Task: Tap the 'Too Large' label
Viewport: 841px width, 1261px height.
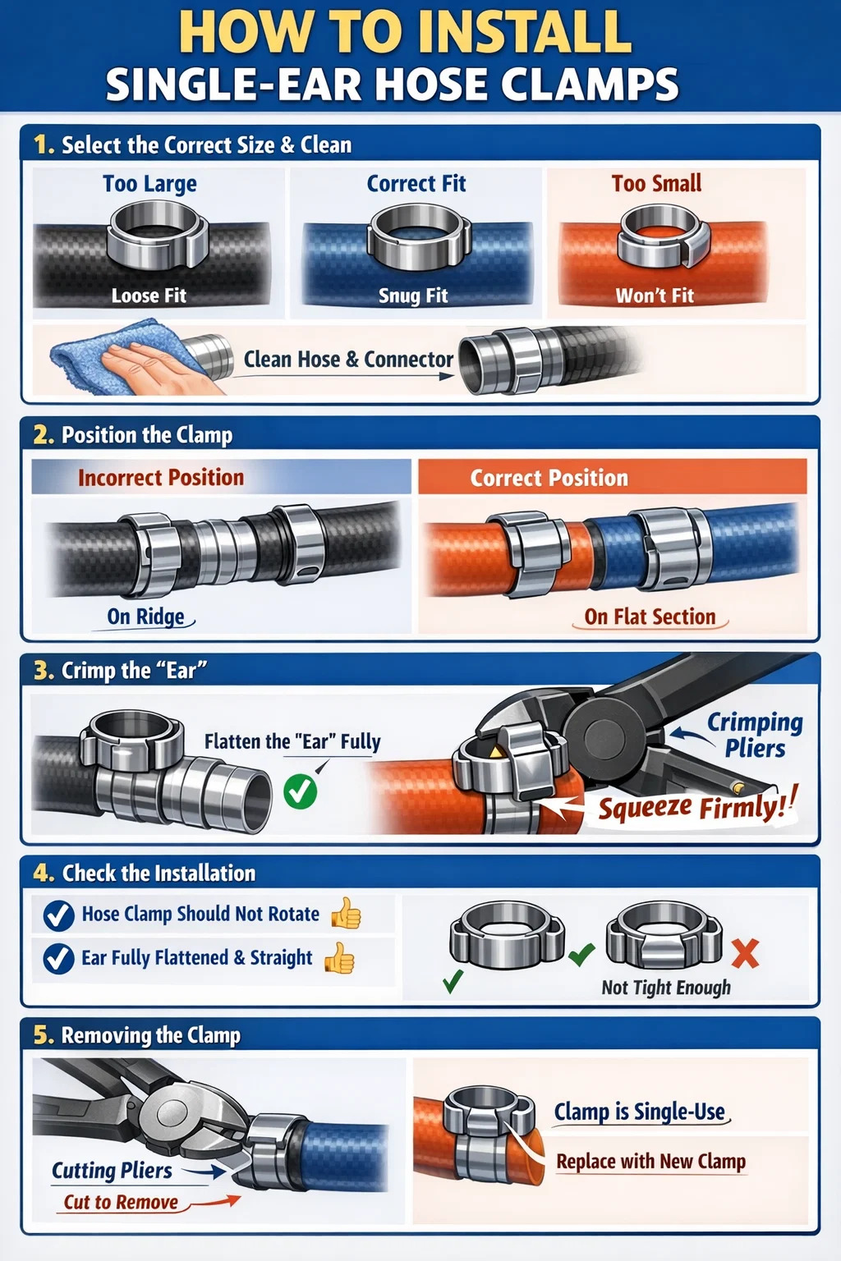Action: (x=149, y=184)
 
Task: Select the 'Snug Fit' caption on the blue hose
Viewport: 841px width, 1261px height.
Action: (x=413, y=296)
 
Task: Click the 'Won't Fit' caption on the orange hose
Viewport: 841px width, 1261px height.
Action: (x=655, y=296)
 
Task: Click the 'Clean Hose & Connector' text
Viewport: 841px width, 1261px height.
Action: (x=348, y=359)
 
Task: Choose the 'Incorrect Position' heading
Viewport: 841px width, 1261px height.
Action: (x=161, y=477)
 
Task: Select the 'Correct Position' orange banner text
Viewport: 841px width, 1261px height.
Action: (x=549, y=478)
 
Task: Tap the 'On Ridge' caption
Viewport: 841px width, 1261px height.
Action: (x=146, y=617)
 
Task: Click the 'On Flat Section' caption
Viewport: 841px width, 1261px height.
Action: (x=650, y=617)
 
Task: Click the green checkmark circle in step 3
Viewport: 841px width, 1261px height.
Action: (x=301, y=791)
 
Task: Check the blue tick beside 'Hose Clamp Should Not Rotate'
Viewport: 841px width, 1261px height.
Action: (x=59, y=915)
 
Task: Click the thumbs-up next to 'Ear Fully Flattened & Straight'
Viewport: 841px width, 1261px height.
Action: (x=340, y=958)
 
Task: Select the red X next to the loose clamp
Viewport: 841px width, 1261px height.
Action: (x=745, y=953)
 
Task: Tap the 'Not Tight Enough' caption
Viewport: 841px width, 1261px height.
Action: (x=666, y=987)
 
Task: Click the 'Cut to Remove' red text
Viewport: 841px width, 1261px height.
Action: (x=121, y=1202)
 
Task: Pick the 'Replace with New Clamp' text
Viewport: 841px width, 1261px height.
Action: (x=651, y=1161)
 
